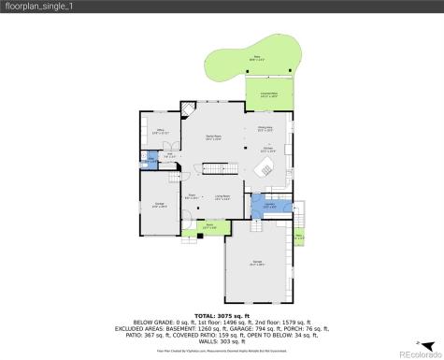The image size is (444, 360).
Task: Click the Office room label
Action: [159, 132]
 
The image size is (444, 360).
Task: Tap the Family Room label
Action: [213, 137]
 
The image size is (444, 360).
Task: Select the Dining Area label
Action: [265, 129]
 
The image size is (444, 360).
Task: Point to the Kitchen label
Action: [265, 149]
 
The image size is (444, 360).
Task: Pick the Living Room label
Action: [222, 196]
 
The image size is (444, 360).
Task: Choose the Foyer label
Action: [191, 196]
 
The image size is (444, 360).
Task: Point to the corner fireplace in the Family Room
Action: [187, 109]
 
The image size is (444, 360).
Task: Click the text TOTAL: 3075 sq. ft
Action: [222, 315]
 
